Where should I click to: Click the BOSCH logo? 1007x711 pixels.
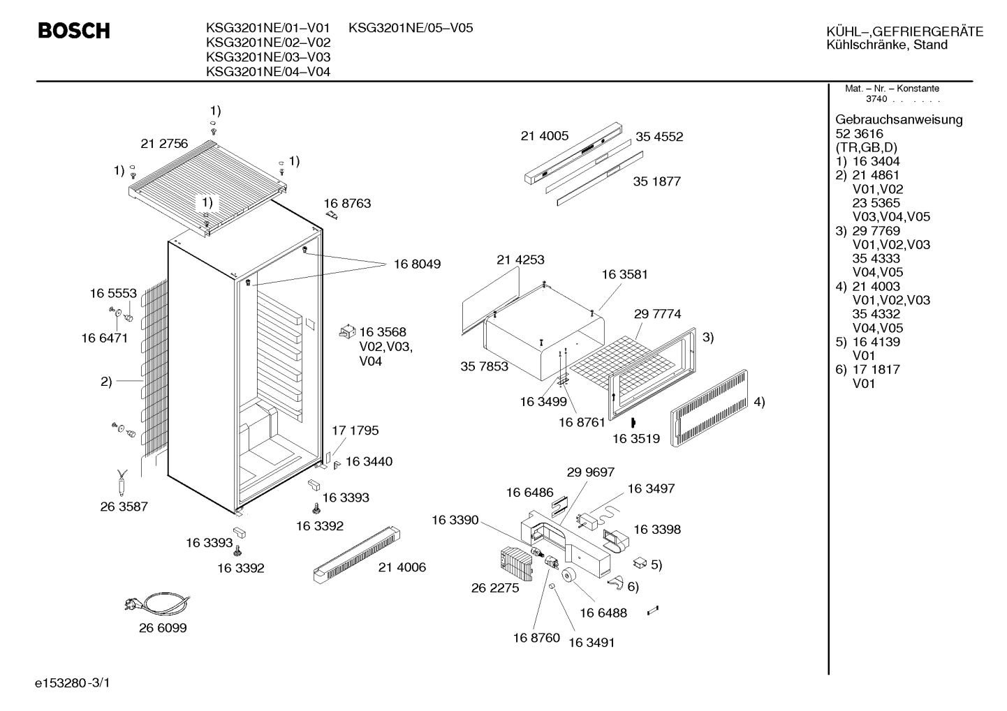pyautogui.click(x=74, y=31)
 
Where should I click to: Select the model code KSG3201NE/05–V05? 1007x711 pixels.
pyautogui.click(x=411, y=28)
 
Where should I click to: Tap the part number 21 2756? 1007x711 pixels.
pyautogui.click(x=164, y=144)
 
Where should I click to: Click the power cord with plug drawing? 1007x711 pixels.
pyautogui.click(x=157, y=603)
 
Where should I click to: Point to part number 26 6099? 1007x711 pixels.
pyautogui.click(x=163, y=628)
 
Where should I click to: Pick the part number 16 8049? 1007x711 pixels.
pyautogui.click(x=417, y=264)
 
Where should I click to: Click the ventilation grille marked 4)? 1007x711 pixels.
pyautogui.click(x=709, y=407)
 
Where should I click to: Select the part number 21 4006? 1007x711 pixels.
pyautogui.click(x=402, y=567)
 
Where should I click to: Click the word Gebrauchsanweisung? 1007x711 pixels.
pyautogui.click(x=899, y=120)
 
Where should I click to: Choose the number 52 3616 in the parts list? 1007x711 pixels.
pyautogui.click(x=859, y=134)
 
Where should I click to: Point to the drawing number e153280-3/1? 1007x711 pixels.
pyautogui.click(x=73, y=683)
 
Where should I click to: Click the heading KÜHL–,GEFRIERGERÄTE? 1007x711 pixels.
pyautogui.click(x=905, y=31)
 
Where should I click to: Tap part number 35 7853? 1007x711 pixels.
pyautogui.click(x=484, y=366)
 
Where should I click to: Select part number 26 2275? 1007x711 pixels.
pyautogui.click(x=495, y=588)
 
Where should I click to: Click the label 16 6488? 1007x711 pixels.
pyautogui.click(x=603, y=613)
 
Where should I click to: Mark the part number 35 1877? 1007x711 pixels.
pyautogui.click(x=657, y=181)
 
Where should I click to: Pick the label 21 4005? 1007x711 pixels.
pyautogui.click(x=545, y=135)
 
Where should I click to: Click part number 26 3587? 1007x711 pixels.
pyautogui.click(x=124, y=507)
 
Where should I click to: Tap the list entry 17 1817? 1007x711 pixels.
pyautogui.click(x=876, y=370)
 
